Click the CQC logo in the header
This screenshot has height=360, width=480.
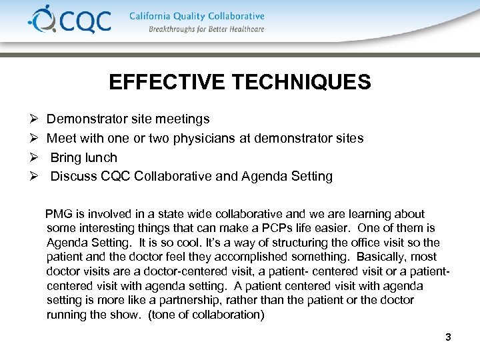tap(69, 21)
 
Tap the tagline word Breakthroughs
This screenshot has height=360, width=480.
tap(175, 29)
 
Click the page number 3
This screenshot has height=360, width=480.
tap(448, 337)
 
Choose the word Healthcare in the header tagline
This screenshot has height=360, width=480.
tap(244, 29)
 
